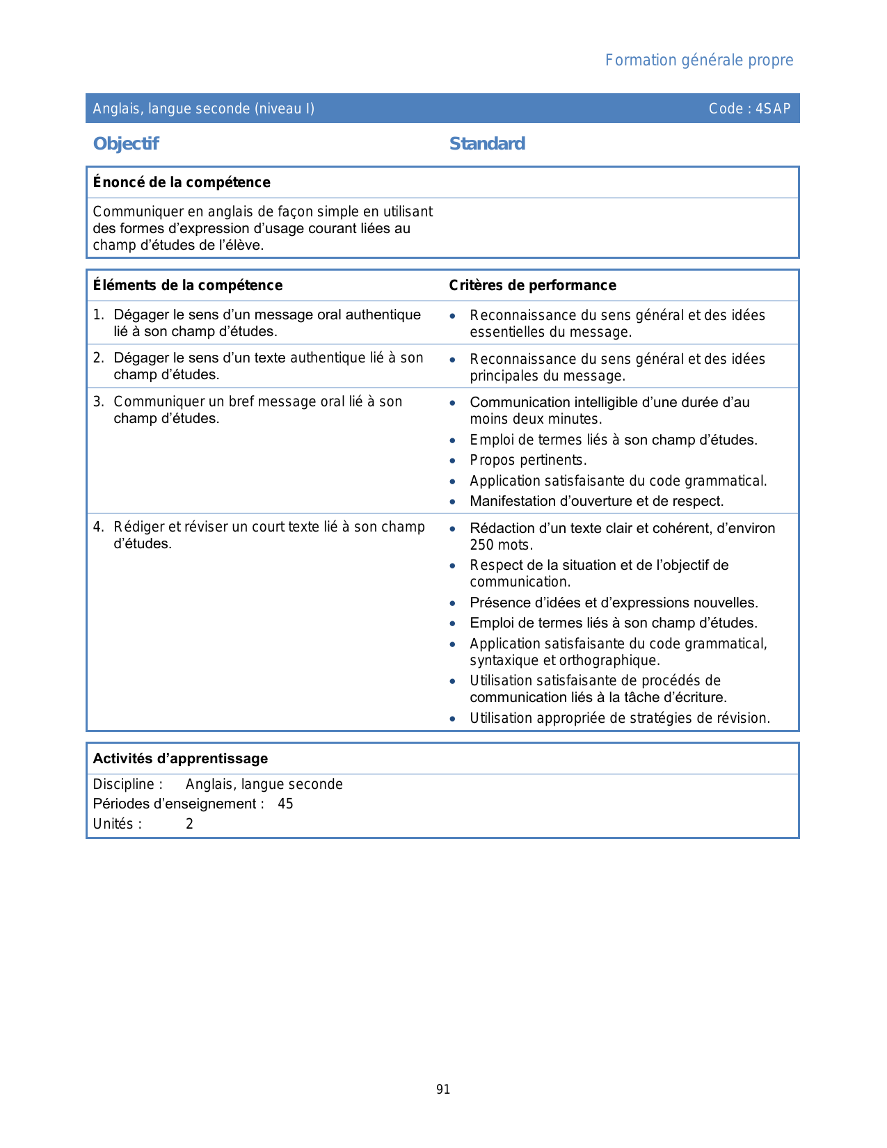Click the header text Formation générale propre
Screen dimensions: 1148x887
698,61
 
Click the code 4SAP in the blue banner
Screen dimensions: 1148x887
773,109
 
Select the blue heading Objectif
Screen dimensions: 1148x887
126,144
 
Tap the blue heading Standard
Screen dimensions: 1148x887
487,144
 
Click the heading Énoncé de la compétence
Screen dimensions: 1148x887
182,182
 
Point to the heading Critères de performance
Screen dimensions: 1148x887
532,285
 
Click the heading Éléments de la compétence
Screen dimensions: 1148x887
188,285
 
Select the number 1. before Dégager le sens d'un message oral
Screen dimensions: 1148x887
98,315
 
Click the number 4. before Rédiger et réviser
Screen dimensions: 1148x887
98,527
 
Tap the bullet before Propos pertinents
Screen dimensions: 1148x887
453,461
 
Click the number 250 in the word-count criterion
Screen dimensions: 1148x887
481,545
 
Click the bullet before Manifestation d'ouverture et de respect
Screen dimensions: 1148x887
453,502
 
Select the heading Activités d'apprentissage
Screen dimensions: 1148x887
180,758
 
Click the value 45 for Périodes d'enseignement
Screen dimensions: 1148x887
285,804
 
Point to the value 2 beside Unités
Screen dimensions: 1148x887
189,824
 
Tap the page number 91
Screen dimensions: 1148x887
443,1090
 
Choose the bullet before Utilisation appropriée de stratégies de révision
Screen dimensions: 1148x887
453,719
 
